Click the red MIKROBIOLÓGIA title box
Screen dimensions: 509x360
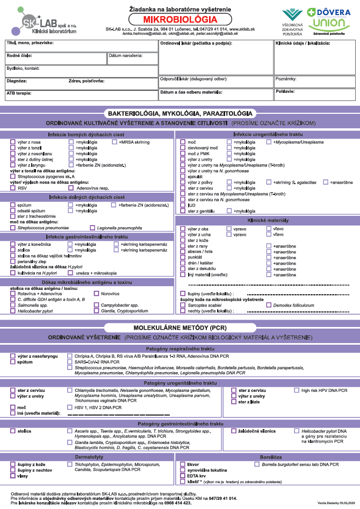coord(179,18)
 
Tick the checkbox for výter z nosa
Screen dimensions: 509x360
coord(13,142)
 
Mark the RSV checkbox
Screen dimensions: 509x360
coord(13,188)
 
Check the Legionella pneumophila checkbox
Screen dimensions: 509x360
coord(92,228)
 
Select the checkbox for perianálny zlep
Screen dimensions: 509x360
coord(13,261)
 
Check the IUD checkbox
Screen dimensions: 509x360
coord(183,205)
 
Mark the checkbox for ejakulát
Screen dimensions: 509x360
coord(183,176)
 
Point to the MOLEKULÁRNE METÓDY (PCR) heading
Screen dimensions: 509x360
coord(179,328)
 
